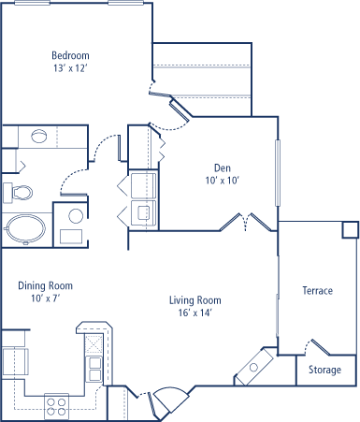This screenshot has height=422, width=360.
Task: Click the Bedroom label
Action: click(70, 55)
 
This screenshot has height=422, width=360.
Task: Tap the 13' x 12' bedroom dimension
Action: click(70, 68)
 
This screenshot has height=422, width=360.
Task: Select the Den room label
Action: click(223, 168)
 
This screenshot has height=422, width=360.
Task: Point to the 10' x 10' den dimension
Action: click(223, 181)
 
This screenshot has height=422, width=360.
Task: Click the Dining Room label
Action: click(46, 285)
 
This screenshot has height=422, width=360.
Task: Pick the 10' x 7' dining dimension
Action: click(46, 298)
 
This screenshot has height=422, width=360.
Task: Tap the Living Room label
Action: click(195, 300)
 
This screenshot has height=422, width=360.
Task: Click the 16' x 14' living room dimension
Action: click(195, 313)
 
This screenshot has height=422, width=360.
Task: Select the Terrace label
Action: click(318, 291)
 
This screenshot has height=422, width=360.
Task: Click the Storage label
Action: click(324, 370)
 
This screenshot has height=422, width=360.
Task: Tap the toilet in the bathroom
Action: click(18, 193)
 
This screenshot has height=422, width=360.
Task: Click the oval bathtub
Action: click(25, 228)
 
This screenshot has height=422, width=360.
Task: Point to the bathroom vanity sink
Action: click(39, 136)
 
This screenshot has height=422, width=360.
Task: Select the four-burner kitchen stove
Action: click(56, 406)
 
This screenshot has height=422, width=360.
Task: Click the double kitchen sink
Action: click(94, 369)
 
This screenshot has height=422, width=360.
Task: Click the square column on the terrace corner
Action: click(351, 230)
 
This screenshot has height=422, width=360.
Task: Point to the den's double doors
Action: click(246, 222)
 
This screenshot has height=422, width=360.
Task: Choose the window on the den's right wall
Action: click(278, 173)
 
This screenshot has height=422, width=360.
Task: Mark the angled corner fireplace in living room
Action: click(253, 367)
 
